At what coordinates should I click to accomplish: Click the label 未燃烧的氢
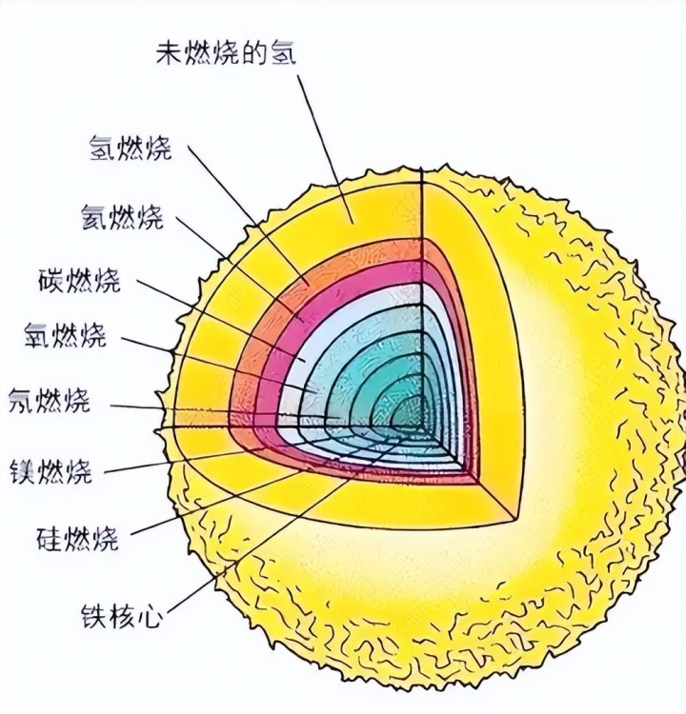226,54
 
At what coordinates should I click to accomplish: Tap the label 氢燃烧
131,148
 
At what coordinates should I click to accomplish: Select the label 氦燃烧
123,216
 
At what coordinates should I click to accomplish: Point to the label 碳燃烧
79,280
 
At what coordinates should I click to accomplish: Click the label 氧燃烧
66,335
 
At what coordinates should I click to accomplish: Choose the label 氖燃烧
50,400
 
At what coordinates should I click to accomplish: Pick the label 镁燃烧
51,471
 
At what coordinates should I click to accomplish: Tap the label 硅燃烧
77,538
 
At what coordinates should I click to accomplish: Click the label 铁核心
122,616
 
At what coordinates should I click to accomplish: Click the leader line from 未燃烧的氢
326,149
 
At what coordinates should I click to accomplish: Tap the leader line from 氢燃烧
250,215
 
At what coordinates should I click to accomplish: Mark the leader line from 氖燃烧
224,411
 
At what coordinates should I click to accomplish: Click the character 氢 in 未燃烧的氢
284,54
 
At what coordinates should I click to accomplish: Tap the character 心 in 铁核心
150,616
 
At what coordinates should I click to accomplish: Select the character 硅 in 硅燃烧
50,538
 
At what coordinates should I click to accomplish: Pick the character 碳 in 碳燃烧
51,280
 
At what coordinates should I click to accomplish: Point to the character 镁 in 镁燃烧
23,471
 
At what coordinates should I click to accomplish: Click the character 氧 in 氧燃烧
38,335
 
